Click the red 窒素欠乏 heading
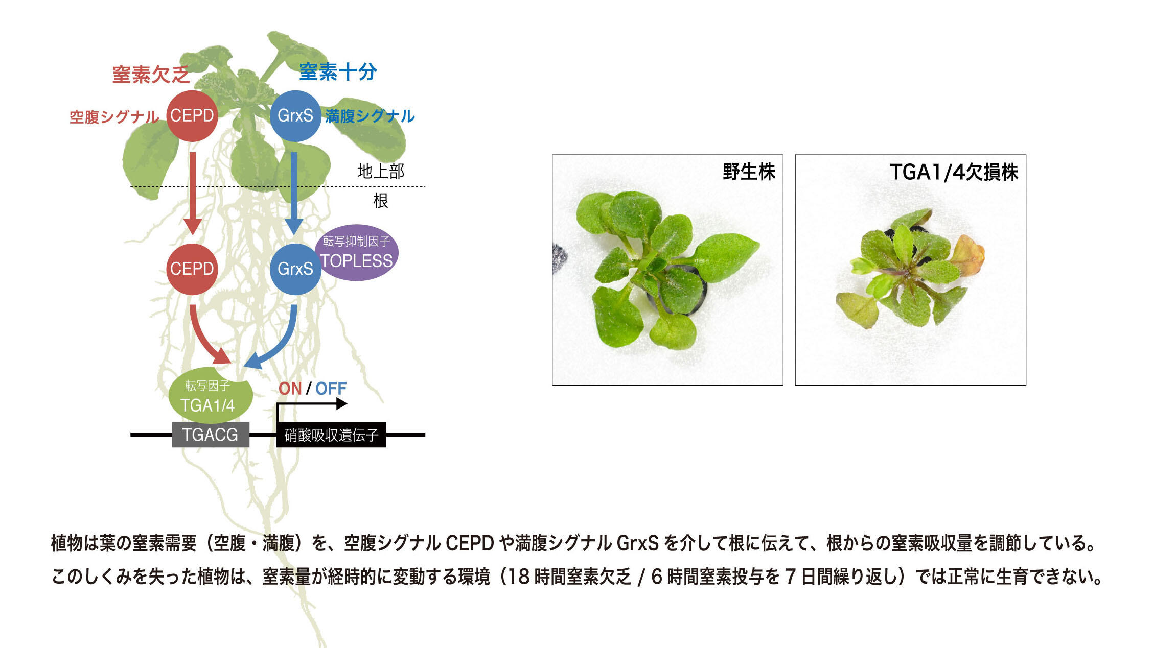coord(151,75)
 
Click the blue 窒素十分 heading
coord(338,72)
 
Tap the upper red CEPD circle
coord(192,116)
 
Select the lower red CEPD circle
coord(192,269)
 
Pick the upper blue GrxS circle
coord(295,116)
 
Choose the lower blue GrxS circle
coord(295,269)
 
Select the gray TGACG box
coord(211,435)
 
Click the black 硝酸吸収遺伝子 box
coord(331,435)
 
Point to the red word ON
coord(290,389)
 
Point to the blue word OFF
coord(331,389)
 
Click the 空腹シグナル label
coord(114,117)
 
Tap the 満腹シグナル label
coord(370,116)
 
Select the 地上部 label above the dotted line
coord(381,171)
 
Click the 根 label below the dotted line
coord(381,201)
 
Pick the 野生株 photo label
coord(749,172)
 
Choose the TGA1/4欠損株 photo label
coord(954,172)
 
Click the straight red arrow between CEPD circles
coord(193,193)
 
